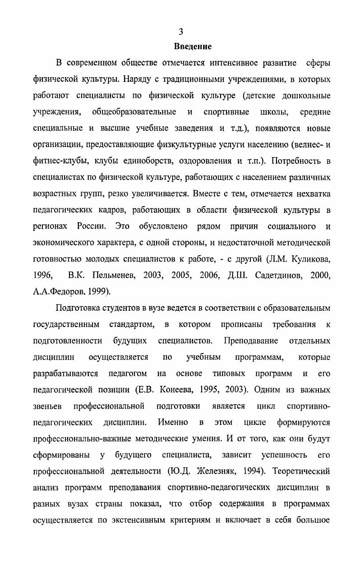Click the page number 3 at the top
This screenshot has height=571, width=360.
point(180,31)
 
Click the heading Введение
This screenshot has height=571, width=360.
point(193,46)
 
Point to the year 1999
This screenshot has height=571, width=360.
point(97,292)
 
